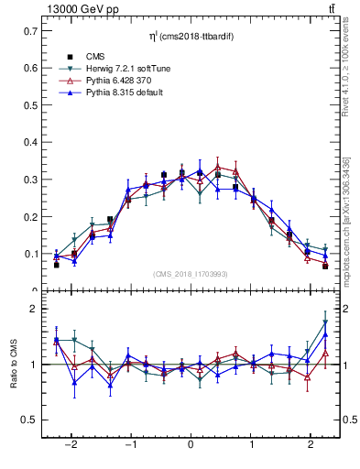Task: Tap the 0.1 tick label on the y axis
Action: [x=33, y=254]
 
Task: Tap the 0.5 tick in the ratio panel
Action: [x=33, y=420]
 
